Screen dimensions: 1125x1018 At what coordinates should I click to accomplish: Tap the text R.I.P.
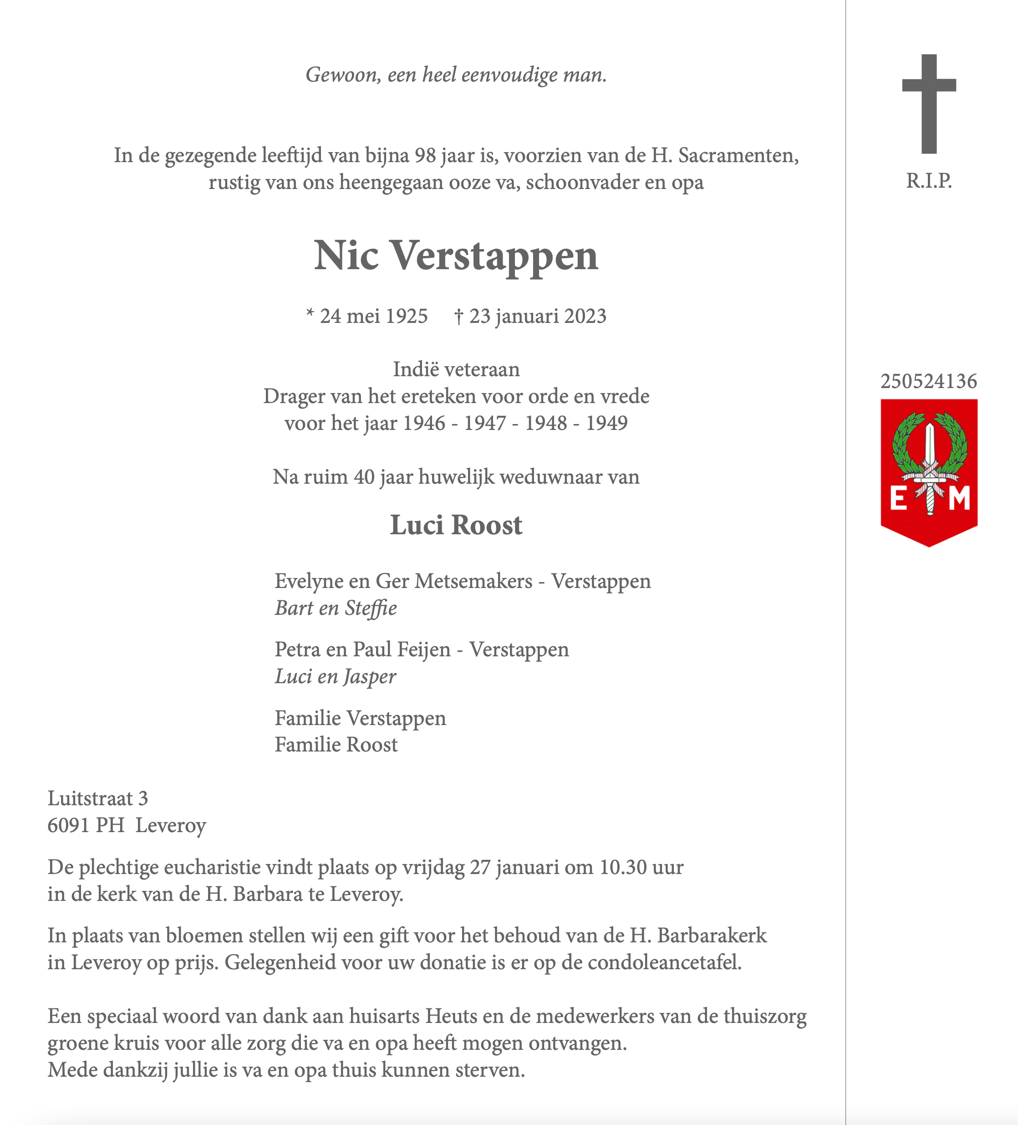[929, 181]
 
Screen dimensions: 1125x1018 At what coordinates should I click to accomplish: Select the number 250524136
[929, 382]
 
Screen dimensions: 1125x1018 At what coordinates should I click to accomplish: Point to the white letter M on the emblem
[959, 498]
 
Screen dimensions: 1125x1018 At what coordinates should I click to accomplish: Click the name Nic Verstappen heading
[456, 256]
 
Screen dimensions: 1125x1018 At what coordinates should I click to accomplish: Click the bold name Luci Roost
[456, 525]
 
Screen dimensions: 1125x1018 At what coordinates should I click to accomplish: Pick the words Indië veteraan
[456, 369]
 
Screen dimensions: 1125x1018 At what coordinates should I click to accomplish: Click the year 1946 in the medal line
[424, 424]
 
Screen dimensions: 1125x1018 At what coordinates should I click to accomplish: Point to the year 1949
[606, 424]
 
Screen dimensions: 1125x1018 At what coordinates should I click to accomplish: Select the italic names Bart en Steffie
[336, 608]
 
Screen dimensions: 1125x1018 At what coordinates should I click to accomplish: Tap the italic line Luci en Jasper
[335, 677]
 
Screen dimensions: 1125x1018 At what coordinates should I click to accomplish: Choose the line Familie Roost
[336, 745]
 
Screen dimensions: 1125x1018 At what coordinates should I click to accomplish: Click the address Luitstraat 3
[97, 798]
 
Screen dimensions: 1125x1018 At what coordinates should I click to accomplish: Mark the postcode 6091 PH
[86, 825]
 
